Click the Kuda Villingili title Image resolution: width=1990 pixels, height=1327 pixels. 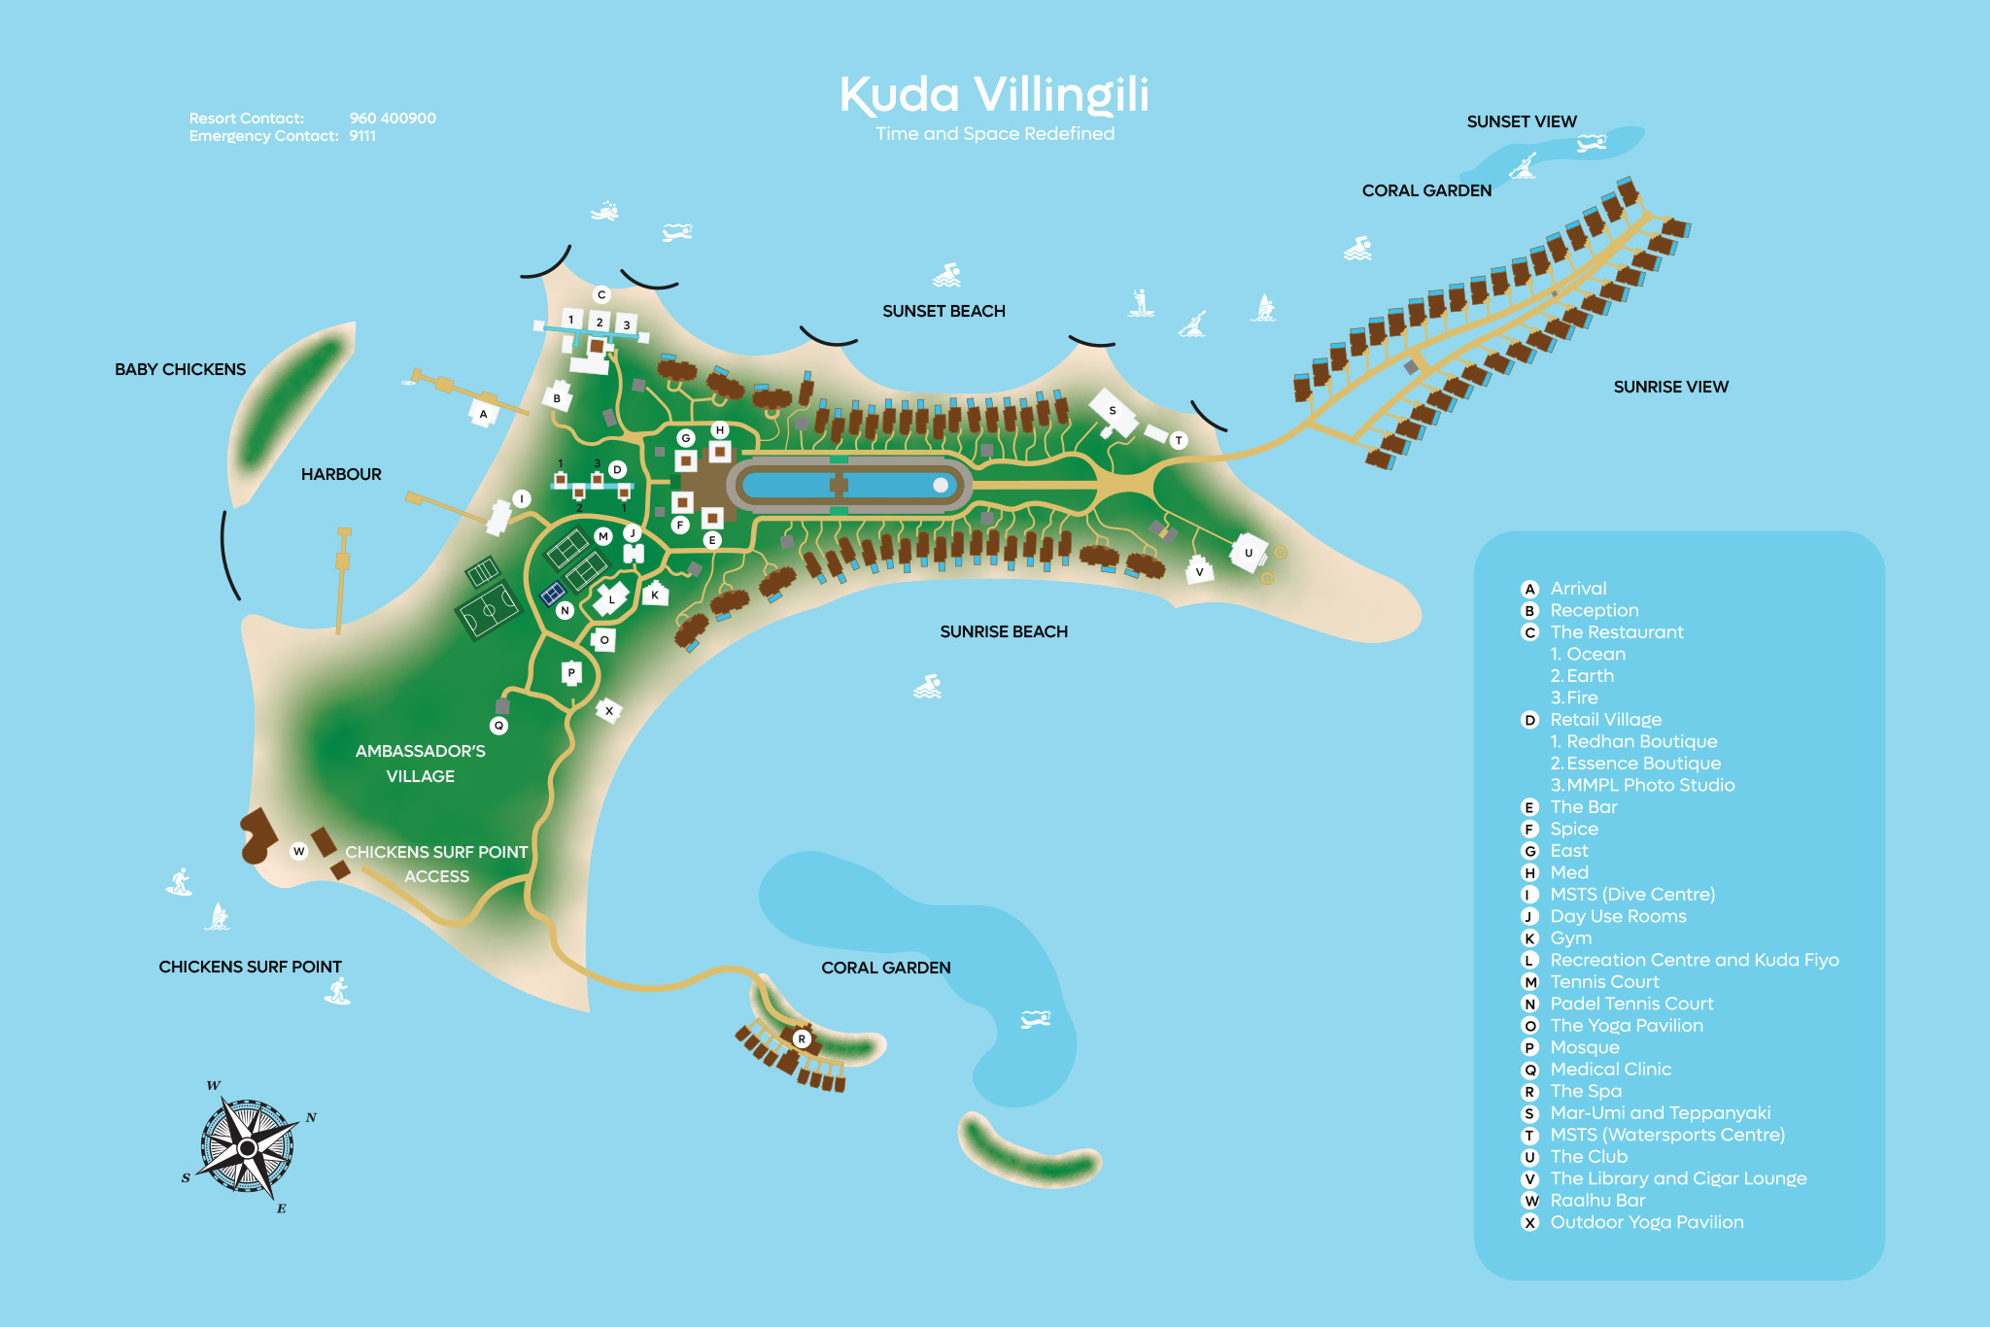[x=994, y=95]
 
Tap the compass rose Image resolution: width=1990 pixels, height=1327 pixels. [x=248, y=1147]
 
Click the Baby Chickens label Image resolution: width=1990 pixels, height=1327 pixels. [x=180, y=369]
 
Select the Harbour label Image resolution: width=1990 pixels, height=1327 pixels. [x=341, y=474]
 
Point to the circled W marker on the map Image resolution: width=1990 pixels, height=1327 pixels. [x=299, y=851]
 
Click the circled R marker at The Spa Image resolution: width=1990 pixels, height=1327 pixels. [x=802, y=1038]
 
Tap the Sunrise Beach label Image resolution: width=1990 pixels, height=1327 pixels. [x=1004, y=631]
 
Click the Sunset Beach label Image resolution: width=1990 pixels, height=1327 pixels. [x=944, y=311]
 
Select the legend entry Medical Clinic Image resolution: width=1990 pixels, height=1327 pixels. [x=1610, y=1069]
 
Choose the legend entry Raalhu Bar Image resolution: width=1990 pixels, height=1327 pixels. [x=1597, y=1200]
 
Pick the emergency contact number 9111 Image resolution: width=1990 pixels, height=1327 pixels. [x=362, y=136]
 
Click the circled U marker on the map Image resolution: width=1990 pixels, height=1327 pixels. [x=1249, y=553]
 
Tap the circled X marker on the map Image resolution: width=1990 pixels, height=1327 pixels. [x=609, y=711]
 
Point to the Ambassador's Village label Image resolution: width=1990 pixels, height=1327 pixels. [x=420, y=764]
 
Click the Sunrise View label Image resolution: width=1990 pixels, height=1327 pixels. [x=1670, y=387]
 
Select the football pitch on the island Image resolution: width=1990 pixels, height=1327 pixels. [x=489, y=611]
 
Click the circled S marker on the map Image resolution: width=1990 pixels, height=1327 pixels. [x=1113, y=410]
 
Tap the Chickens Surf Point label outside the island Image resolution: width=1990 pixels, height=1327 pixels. [x=250, y=967]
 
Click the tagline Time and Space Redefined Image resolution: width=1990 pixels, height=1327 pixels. [x=994, y=134]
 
